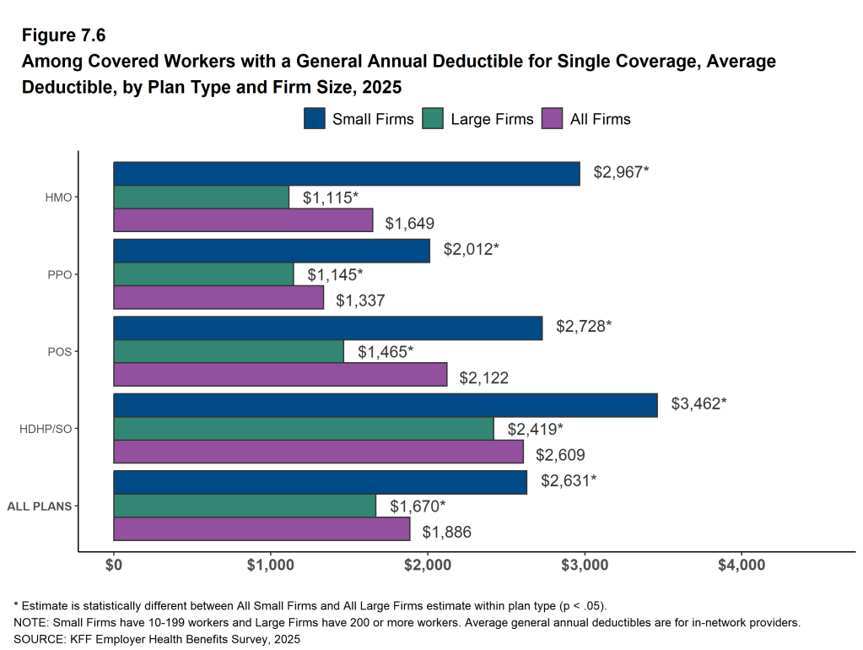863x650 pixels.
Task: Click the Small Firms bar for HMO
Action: click(347, 174)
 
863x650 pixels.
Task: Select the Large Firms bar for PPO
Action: click(203, 274)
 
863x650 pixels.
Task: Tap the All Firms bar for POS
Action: click(280, 375)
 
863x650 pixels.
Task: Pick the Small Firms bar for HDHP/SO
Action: click(386, 405)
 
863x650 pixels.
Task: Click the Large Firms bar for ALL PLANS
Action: click(245, 506)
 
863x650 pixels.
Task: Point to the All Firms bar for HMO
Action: click(243, 220)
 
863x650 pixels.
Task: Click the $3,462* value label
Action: click(698, 404)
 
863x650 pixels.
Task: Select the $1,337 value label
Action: click(360, 300)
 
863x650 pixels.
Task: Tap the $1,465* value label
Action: click(386, 351)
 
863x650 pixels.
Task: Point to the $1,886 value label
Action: click(446, 532)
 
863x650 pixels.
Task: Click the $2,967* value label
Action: click(621, 172)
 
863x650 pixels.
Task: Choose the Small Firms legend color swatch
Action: click(315, 119)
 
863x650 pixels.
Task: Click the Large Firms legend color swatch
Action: click(433, 119)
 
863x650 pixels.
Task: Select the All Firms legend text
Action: click(600, 119)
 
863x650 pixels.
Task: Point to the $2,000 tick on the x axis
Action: click(428, 564)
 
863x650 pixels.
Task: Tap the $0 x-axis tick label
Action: click(114, 564)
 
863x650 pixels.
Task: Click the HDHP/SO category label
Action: click(46, 429)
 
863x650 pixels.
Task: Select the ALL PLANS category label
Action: click(39, 506)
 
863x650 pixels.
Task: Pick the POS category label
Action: click(58, 352)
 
